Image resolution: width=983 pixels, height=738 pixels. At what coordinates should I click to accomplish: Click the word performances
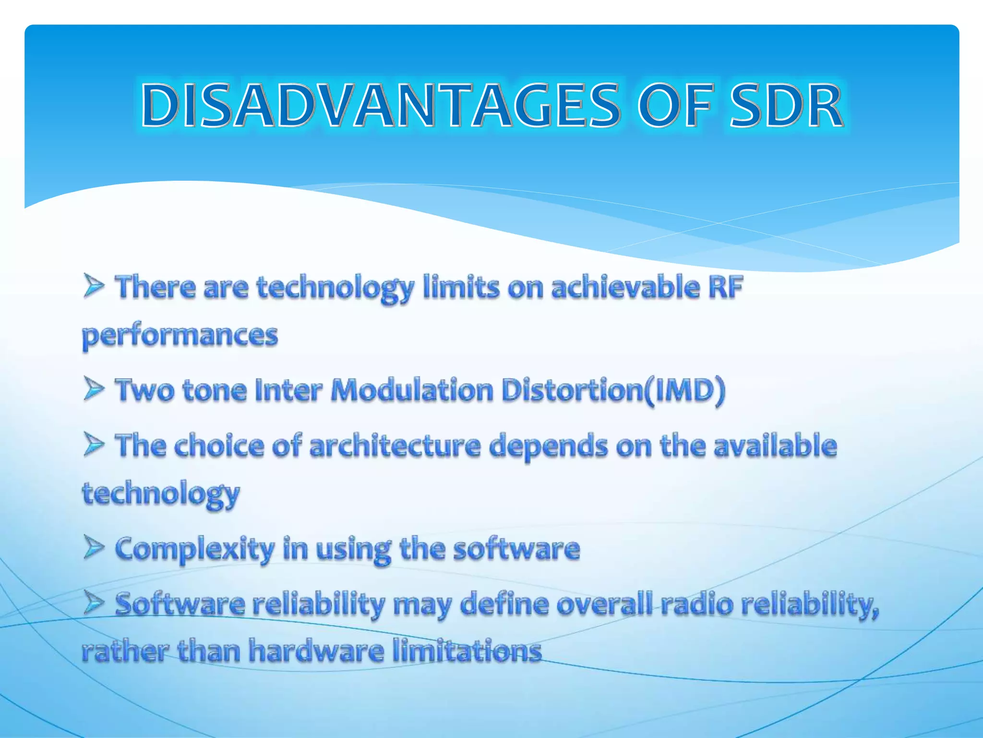pos(180,336)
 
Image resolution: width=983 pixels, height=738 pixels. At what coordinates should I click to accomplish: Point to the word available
pos(775,445)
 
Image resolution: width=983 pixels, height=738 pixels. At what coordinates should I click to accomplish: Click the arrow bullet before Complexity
pos(94,547)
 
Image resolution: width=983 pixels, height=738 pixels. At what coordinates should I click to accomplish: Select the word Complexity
pos(195,549)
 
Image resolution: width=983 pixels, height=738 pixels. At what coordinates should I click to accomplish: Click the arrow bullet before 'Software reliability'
pos(94,603)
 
